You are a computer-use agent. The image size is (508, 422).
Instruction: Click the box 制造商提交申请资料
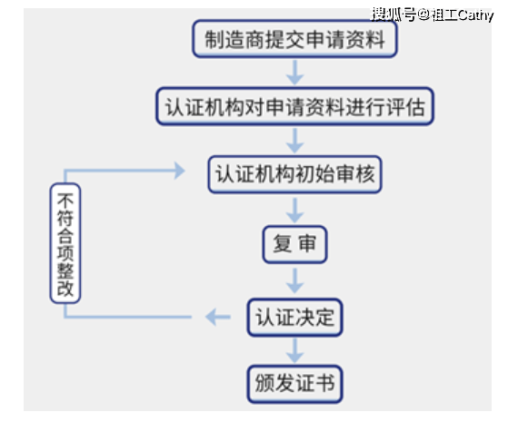click(x=294, y=38)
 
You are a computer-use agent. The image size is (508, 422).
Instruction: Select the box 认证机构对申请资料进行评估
click(x=294, y=106)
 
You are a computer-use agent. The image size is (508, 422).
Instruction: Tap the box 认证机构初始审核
click(x=294, y=173)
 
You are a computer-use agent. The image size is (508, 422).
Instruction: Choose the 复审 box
click(x=294, y=244)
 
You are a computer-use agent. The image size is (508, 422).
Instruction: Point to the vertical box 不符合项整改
click(x=66, y=243)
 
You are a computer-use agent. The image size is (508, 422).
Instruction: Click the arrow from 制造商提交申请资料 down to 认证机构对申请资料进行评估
click(x=294, y=73)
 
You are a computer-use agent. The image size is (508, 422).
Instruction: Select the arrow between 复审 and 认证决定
click(x=294, y=280)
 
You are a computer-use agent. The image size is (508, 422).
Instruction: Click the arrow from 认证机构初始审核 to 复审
click(x=294, y=209)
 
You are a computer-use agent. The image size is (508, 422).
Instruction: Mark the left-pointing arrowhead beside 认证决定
click(x=216, y=316)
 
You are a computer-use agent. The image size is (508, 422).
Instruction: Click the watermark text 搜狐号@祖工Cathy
click(x=432, y=15)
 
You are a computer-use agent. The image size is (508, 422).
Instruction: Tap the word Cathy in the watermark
click(x=474, y=15)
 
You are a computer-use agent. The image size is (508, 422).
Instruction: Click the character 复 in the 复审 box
click(x=282, y=244)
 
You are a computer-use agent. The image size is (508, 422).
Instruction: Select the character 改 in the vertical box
click(x=66, y=290)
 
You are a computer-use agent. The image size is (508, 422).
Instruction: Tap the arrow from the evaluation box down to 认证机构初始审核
click(x=294, y=140)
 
